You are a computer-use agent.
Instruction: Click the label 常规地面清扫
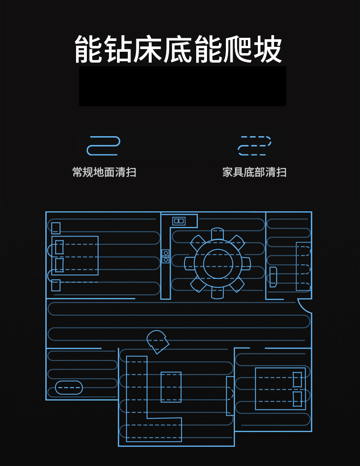104,172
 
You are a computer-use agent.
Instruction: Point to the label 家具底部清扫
254,172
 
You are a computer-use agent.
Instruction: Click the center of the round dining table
217,263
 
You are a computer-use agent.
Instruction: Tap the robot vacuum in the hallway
157,341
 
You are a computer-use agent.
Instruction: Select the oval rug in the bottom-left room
69,387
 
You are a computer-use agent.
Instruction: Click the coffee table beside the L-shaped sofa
171,387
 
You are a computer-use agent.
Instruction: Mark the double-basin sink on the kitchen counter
179,221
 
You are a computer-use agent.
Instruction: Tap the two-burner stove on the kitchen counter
166,256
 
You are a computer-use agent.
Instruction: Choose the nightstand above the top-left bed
56,228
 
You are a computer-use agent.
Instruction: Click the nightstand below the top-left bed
56,285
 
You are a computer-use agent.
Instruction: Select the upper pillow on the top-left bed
59,247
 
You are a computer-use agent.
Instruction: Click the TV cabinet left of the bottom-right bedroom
230,395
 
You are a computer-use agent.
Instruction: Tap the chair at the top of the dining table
217,234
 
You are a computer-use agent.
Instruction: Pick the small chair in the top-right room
273,276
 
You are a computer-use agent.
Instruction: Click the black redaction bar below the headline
182,86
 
